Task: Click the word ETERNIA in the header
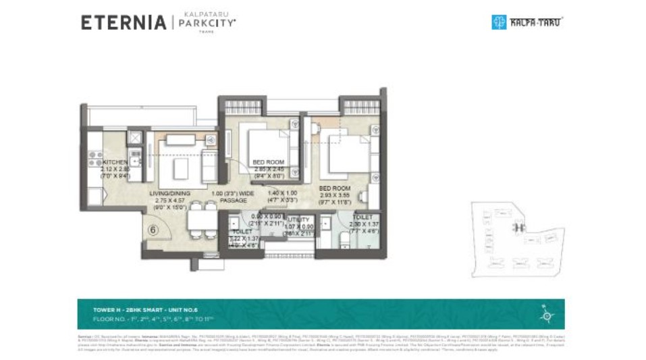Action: [x=123, y=22]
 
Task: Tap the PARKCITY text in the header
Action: [x=207, y=23]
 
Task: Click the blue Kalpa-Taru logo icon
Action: [x=498, y=22]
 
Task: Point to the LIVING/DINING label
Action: [x=169, y=193]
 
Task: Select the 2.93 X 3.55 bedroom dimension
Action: [x=335, y=195]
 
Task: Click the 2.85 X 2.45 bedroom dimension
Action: [x=269, y=169]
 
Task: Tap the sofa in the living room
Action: [x=181, y=140]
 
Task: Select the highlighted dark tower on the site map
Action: [x=518, y=228]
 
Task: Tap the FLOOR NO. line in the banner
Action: [x=154, y=317]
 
